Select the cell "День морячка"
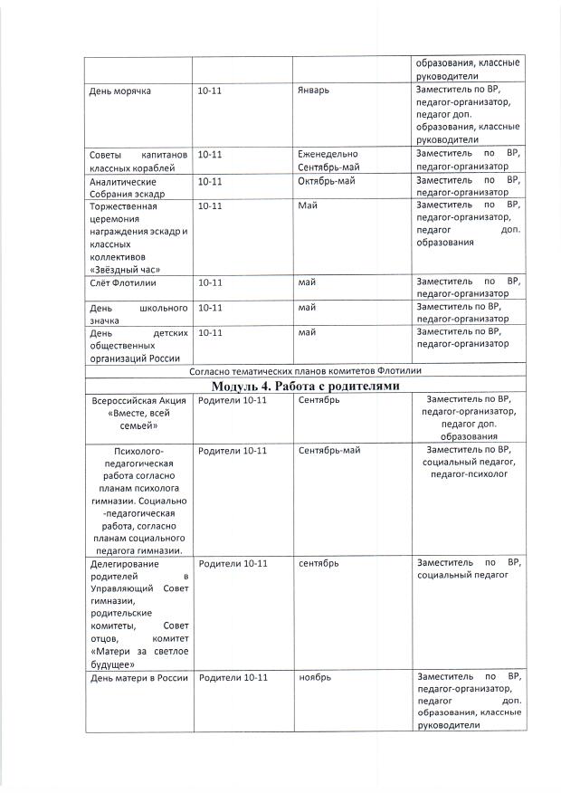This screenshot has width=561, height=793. [x=119, y=91]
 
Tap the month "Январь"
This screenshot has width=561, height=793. [x=314, y=91]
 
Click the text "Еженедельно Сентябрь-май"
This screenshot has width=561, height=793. [x=328, y=160]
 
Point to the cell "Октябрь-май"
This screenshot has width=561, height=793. [x=327, y=180]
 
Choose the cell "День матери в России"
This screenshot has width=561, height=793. [x=137, y=677]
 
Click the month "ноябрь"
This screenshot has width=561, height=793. [x=315, y=677]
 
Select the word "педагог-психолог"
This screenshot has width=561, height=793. [x=468, y=473]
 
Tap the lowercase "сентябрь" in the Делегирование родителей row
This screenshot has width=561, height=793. [x=319, y=563]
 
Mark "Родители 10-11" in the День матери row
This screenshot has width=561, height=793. [x=233, y=677]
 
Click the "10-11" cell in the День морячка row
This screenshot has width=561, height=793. [x=210, y=91]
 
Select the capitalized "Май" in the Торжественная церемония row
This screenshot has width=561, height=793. [x=307, y=206]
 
